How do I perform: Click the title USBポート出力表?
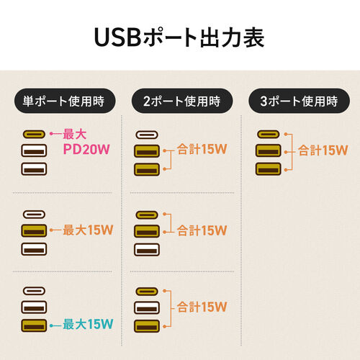[180, 35]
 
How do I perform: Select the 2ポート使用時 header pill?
[179, 101]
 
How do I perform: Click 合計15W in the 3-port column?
[318, 151]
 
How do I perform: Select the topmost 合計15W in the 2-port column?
[202, 151]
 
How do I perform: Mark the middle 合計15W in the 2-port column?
[202, 230]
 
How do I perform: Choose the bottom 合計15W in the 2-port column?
[202, 306]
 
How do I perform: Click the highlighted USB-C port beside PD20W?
[35, 134]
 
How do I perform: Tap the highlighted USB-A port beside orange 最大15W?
[35, 230]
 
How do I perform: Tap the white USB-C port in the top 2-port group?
[149, 134]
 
